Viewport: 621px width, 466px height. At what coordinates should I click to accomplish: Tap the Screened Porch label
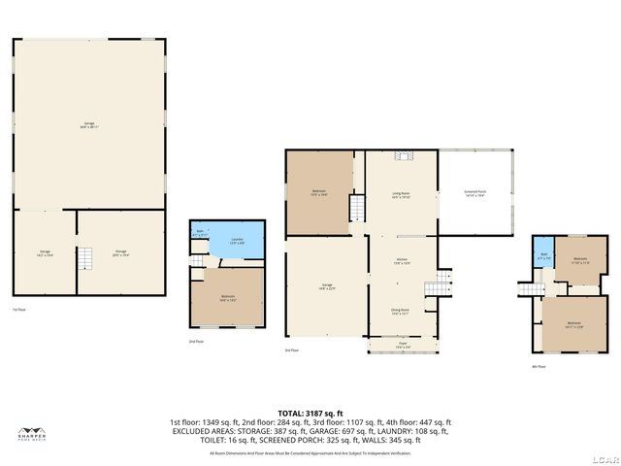[474, 193]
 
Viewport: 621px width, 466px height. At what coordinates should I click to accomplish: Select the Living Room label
[401, 195]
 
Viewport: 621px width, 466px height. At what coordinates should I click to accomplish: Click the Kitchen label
[401, 261]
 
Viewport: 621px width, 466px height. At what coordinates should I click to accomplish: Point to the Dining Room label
[401, 312]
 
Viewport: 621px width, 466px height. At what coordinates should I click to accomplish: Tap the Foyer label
[402, 345]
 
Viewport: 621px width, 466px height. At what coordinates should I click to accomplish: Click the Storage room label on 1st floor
[120, 252]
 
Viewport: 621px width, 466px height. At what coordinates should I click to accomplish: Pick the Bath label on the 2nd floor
[199, 234]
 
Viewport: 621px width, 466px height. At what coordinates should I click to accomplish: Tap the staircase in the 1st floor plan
[86, 258]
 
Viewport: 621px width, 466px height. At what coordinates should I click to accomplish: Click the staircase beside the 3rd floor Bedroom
[356, 209]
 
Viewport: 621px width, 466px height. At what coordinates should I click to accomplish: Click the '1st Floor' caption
[18, 310]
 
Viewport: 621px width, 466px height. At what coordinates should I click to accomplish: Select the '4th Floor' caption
[539, 367]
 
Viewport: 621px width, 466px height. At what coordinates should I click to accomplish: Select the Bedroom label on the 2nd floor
[227, 298]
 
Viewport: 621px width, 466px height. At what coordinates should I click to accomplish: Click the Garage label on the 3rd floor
[327, 285]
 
